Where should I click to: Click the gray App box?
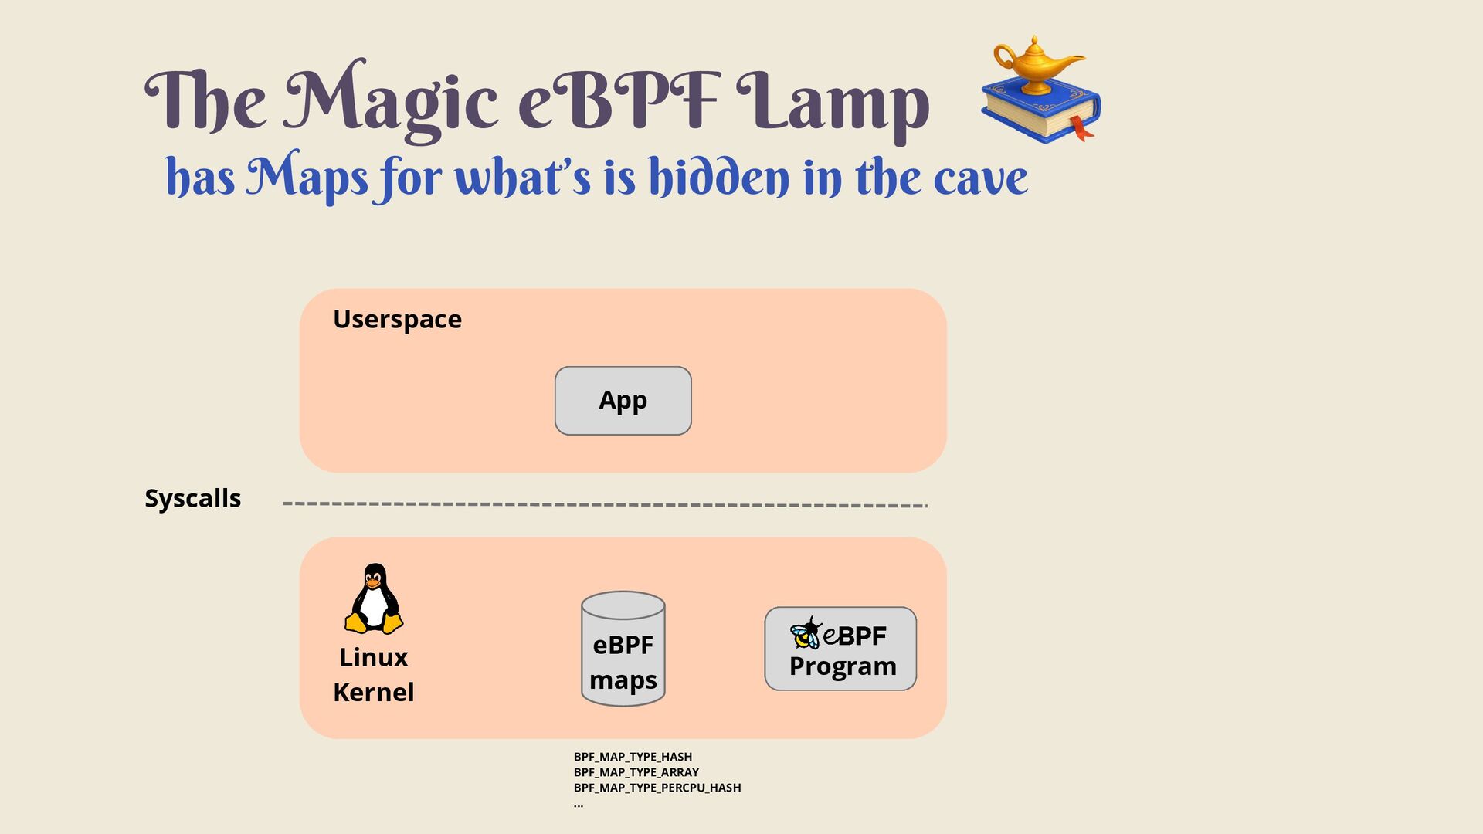click(x=623, y=401)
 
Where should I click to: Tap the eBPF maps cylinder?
click(x=623, y=649)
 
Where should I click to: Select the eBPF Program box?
click(x=840, y=649)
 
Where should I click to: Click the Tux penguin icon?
click(x=374, y=598)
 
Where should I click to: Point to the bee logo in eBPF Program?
click(x=806, y=634)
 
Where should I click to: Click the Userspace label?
click(x=397, y=319)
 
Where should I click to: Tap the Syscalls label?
click(x=192, y=498)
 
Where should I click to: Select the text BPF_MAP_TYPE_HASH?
click(x=633, y=757)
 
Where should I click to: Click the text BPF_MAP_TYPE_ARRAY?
click(x=636, y=772)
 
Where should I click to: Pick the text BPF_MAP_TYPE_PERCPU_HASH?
click(x=657, y=788)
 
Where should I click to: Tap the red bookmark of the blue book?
click(x=1081, y=128)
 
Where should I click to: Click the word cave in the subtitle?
click(x=980, y=178)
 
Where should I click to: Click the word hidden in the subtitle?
click(x=718, y=177)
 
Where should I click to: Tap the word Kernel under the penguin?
click(x=373, y=692)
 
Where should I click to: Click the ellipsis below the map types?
click(x=579, y=805)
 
